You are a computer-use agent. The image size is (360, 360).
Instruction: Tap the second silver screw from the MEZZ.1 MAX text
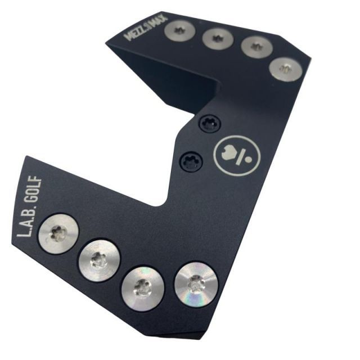[215, 38]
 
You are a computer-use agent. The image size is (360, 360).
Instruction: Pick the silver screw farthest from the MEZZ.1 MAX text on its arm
[285, 69]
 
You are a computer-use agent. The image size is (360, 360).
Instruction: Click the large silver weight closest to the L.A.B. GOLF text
[58, 233]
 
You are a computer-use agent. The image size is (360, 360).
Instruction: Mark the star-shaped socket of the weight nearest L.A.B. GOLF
[58, 232]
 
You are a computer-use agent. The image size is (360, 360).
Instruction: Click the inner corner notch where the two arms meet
[167, 203]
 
